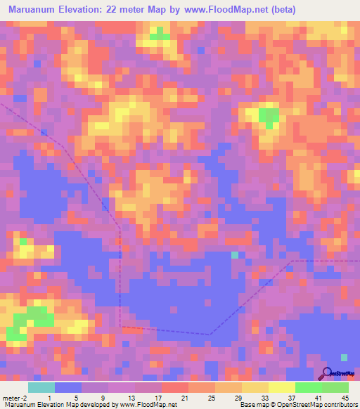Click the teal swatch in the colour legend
[x=41, y=387]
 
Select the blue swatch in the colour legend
[x=68, y=387]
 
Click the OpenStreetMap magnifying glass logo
[x=327, y=372]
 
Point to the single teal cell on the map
[x=235, y=254]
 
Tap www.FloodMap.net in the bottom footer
[x=148, y=405]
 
